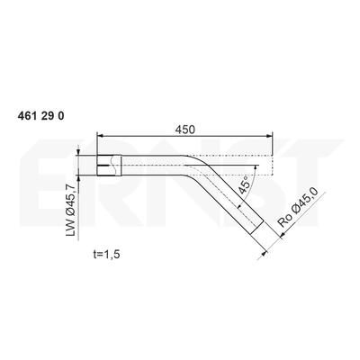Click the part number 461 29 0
[40, 116]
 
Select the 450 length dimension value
[185, 130]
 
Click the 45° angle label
[244, 185]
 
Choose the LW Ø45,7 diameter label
[70, 210]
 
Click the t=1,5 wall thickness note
[106, 254]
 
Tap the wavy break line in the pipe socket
[112, 166]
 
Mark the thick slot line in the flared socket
[103, 166]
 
